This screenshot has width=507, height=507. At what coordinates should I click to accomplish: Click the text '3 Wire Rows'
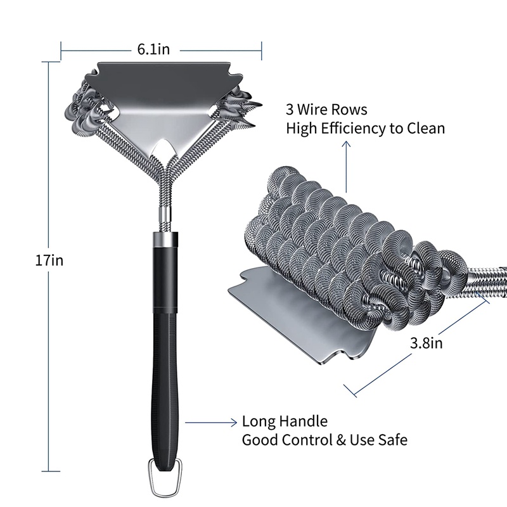tap(326, 110)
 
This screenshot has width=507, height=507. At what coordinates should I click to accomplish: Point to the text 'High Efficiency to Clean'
tap(365, 129)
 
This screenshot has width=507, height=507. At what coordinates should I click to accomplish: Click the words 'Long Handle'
tap(285, 421)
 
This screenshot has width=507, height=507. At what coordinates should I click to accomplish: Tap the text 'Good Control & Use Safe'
tap(324, 439)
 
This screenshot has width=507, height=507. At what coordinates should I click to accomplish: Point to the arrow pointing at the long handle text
tap(209, 421)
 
